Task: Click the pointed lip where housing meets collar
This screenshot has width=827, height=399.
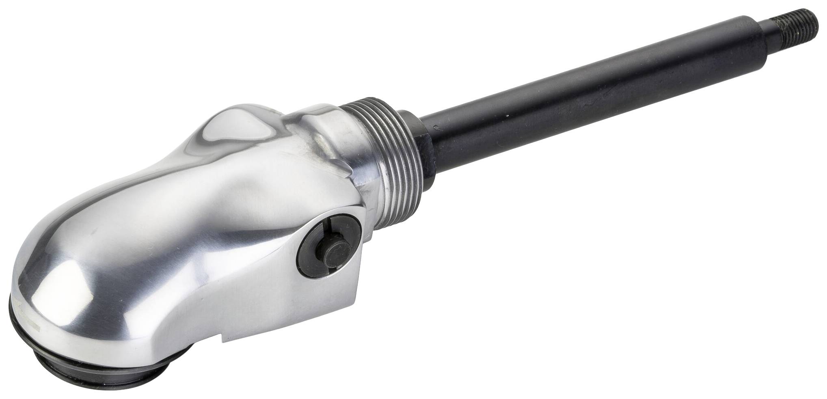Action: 357,181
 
